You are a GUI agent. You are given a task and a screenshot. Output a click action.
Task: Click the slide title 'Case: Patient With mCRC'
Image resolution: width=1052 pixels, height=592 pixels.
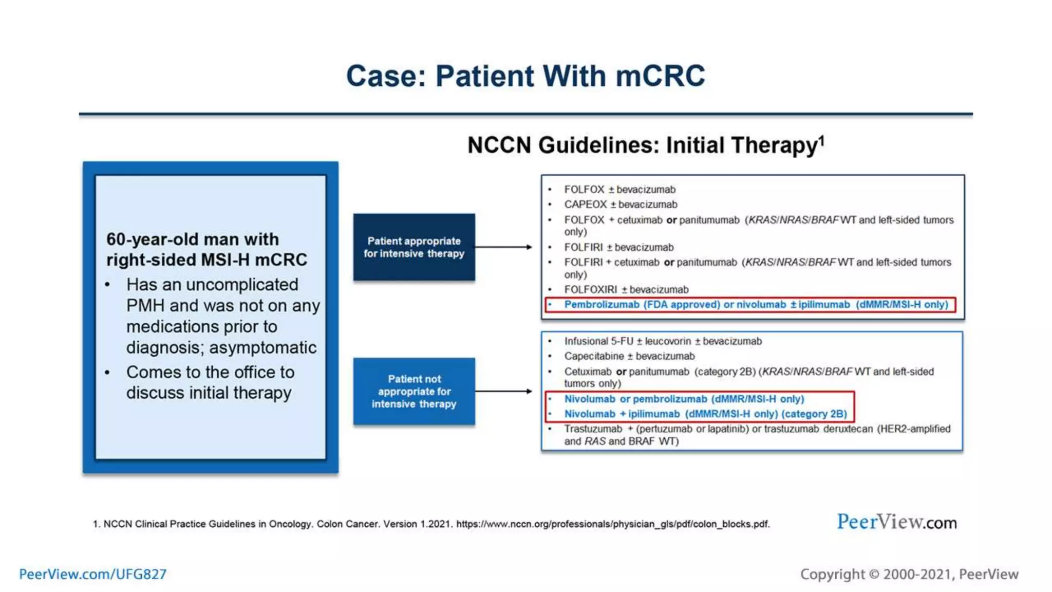point(525,76)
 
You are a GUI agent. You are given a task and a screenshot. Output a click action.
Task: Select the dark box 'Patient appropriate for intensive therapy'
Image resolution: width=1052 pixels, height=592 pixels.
point(414,247)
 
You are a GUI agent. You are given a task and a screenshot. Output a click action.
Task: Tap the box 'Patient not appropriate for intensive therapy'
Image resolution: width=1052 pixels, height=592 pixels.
point(414,392)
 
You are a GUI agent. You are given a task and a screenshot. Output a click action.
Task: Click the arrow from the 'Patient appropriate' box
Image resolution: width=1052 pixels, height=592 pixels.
point(503,247)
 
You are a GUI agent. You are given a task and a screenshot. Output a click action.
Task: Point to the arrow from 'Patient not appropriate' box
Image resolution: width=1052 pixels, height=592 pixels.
point(503,392)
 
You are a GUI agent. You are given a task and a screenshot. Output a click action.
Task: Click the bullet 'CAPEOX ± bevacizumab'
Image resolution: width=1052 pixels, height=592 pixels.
point(621,205)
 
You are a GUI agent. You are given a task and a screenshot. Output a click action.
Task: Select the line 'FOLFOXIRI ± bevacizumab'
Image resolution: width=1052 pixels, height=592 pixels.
point(626,290)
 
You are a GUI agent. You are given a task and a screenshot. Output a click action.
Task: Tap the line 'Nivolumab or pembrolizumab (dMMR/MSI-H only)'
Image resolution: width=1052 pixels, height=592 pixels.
point(684,399)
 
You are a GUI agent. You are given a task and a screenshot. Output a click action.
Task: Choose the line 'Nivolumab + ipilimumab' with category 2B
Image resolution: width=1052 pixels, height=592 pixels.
point(705,414)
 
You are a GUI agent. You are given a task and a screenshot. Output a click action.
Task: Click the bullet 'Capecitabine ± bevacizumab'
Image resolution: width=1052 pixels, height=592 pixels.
point(629,356)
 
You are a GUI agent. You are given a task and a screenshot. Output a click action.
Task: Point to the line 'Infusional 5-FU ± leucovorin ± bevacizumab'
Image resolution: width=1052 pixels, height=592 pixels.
point(663,341)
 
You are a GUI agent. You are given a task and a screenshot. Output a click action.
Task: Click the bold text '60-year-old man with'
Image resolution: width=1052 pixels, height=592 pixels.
point(193,239)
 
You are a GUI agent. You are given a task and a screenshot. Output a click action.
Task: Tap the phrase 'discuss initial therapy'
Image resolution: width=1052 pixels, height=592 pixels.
point(209,393)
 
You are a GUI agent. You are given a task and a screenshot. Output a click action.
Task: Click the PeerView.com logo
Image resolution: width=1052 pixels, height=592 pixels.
point(896,522)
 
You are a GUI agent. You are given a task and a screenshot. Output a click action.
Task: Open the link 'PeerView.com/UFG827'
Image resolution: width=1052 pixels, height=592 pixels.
point(93,574)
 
